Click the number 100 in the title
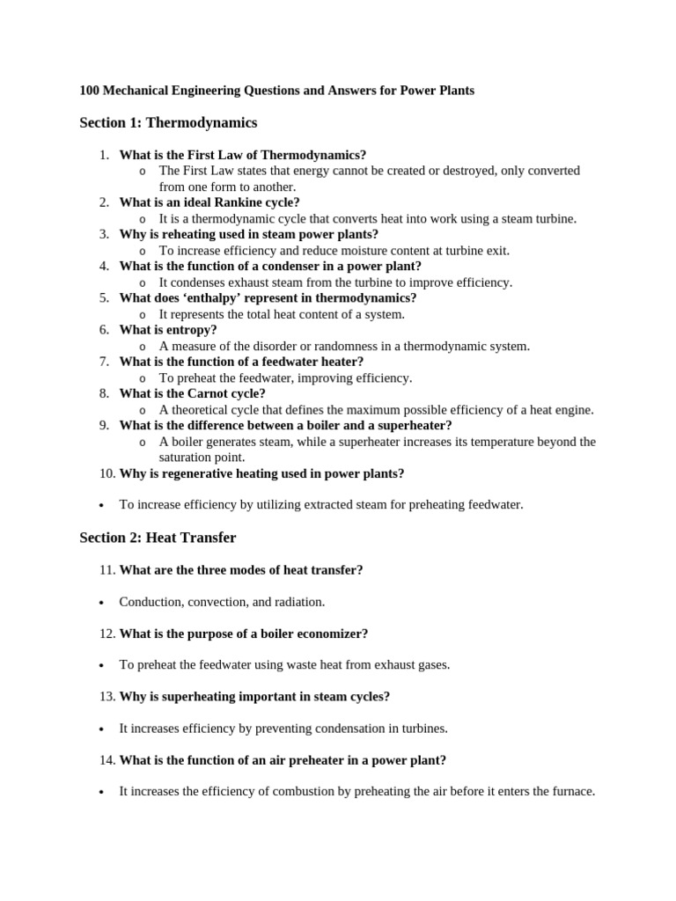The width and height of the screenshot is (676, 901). tap(90, 91)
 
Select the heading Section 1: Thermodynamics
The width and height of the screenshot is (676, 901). tap(168, 122)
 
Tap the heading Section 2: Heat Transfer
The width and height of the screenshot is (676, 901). tap(158, 538)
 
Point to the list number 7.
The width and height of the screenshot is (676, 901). tap(104, 362)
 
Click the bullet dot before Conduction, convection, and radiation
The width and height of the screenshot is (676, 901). tap(102, 603)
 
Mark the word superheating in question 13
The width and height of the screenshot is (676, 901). tap(190, 697)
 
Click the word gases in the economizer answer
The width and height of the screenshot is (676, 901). tap(431, 665)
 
